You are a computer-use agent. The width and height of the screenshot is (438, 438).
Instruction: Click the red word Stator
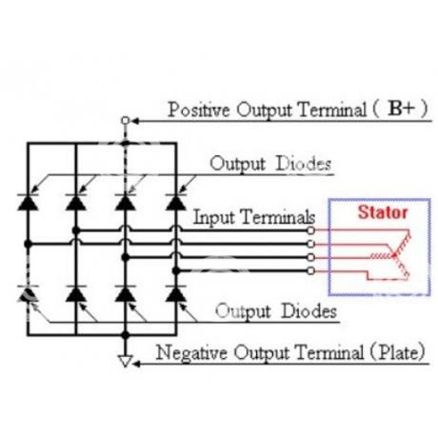pos(383,212)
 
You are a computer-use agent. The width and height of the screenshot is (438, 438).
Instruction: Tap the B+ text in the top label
pos(402,109)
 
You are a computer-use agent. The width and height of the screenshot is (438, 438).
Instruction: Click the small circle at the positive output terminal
pos(126,121)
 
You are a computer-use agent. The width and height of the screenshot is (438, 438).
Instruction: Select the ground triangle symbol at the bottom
pos(126,361)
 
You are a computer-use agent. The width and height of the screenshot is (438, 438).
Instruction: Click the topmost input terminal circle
pos(311,230)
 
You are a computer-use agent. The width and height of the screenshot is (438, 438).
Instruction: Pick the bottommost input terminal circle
pos(311,270)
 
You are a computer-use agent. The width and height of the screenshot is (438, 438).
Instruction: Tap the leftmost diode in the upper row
pos(28,202)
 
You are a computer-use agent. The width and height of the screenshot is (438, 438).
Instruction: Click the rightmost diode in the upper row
pos(176,202)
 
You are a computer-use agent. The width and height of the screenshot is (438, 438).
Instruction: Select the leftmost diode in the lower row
pos(28,293)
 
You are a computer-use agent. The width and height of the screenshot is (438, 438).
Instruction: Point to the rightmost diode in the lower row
pos(176,293)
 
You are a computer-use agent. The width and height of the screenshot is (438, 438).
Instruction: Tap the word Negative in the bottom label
pos(191,353)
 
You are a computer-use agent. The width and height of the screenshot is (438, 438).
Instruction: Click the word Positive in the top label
pos(199,109)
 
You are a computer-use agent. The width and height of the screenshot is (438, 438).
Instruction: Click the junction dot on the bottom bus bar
pos(126,335)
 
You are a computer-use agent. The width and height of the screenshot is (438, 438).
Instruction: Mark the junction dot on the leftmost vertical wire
pos(28,244)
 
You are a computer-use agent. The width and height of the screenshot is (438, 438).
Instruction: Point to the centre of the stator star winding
pos(394,255)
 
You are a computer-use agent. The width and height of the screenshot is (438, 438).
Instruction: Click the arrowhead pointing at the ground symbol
pos(136,364)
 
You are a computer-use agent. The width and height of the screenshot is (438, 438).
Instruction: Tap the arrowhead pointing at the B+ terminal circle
pos(135,121)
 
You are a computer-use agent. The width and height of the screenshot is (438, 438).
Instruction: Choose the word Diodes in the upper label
pos(304,164)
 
